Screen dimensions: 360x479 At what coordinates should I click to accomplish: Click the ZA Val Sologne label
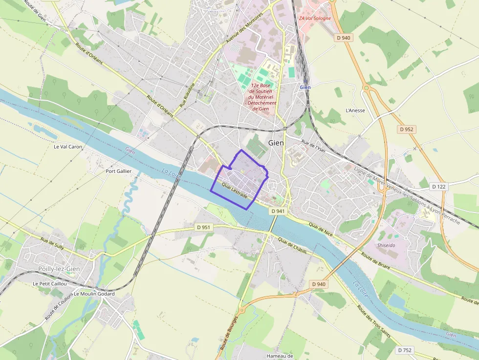[x=315, y=19]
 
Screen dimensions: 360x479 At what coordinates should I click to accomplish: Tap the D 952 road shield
[x=407, y=129]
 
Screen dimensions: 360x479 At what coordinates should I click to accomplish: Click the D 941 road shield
[x=277, y=211]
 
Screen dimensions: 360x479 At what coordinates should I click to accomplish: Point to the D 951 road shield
[x=203, y=227]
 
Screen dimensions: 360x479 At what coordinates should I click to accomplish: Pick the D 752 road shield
[x=405, y=350]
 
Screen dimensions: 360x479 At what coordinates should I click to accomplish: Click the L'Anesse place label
[x=355, y=110]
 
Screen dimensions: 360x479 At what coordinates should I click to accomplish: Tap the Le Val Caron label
[x=68, y=147]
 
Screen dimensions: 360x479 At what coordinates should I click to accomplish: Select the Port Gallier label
[x=119, y=171]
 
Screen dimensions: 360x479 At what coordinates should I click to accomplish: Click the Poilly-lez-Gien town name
[x=59, y=269]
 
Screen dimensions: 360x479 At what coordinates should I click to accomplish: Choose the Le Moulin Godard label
[x=94, y=294]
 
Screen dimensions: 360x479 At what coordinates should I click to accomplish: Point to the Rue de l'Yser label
[x=313, y=145]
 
